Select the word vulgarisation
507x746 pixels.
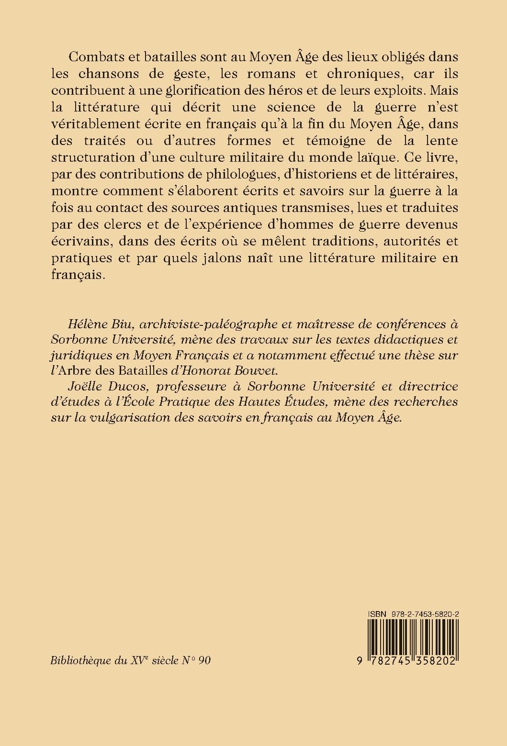[126, 417]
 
